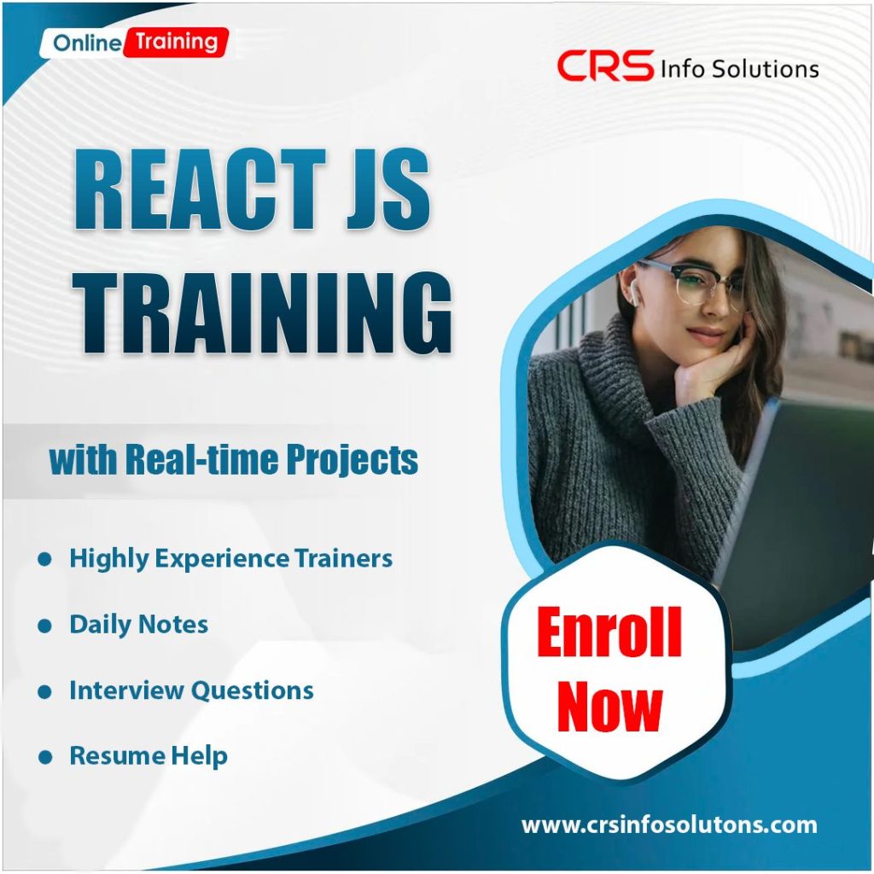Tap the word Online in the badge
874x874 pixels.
point(87,43)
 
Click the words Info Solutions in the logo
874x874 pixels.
point(739,68)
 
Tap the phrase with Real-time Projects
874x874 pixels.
point(233,460)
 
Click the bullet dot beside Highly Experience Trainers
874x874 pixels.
point(45,559)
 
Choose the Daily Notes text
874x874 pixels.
point(138,624)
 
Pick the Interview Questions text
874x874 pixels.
point(191,690)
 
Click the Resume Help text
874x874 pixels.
point(148,755)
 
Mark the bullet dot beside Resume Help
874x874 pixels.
point(45,756)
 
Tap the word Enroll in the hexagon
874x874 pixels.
point(609,633)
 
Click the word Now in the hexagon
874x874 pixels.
point(609,707)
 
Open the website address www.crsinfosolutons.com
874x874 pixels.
point(668,825)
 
